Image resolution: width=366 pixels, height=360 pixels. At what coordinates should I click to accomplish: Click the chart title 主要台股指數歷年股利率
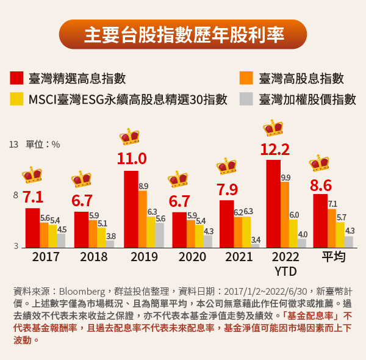coord(183,35)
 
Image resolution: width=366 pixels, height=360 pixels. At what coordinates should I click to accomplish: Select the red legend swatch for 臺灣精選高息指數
coord(16,79)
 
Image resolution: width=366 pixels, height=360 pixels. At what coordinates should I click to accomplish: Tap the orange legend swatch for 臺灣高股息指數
coord(246,79)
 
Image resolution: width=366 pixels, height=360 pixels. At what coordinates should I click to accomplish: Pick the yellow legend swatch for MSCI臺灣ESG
coord(16,99)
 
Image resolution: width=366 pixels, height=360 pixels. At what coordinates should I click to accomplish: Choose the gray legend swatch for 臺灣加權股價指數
coord(246,99)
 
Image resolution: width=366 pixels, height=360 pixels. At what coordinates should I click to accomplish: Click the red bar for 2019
coord(131,209)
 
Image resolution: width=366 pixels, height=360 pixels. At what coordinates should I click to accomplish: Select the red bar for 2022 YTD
coord(273,203)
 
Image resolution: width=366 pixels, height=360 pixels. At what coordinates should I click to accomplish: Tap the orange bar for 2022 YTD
coord(285,214)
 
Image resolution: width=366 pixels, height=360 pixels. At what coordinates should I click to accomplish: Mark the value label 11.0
coord(132,159)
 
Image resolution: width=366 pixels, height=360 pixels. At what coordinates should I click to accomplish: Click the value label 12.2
coord(274,149)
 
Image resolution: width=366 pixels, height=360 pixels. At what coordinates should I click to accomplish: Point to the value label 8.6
coord(321,185)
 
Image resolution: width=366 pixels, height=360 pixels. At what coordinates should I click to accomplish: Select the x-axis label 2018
coord(94,257)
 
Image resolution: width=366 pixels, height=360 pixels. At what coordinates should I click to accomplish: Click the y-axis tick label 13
coord(13,145)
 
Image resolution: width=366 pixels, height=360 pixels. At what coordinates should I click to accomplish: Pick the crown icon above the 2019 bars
coord(129,137)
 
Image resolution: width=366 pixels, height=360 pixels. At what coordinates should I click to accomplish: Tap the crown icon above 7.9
coord(226,165)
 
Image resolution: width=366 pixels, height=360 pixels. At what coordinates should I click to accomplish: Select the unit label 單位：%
coord(43,145)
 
